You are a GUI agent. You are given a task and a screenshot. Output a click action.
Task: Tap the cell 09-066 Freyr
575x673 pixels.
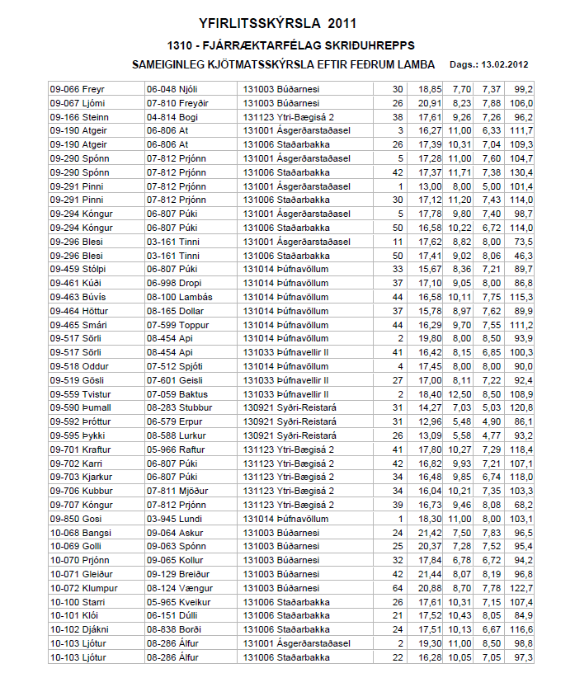(x=72, y=88)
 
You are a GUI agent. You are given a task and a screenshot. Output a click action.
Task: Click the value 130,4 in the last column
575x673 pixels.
(x=521, y=172)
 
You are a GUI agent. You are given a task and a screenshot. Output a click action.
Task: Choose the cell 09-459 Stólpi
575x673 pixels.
(x=73, y=269)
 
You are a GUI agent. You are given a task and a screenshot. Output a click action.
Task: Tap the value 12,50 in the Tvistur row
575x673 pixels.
(x=458, y=393)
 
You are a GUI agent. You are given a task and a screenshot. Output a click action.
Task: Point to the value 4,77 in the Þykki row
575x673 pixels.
(x=492, y=435)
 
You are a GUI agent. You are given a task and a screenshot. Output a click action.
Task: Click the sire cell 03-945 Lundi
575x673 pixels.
(x=172, y=518)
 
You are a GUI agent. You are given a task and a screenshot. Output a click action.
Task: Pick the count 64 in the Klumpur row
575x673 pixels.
(x=398, y=587)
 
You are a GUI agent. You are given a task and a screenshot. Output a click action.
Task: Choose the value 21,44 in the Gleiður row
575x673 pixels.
(x=430, y=573)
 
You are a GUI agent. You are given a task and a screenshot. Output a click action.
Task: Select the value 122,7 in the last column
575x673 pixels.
(x=521, y=587)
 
